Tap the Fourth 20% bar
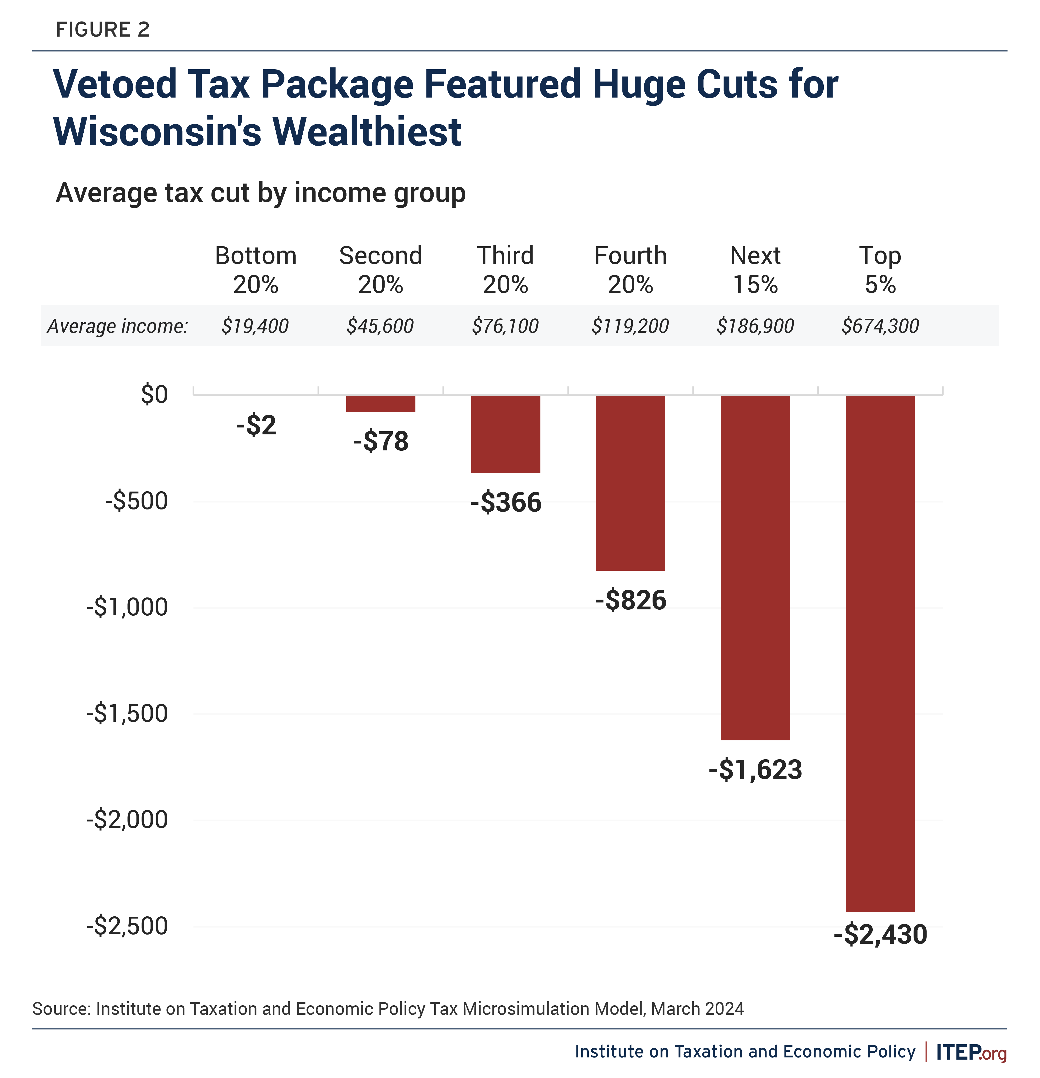630,483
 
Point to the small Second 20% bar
381,404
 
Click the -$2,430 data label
880,935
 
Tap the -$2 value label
256,425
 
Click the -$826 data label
630,600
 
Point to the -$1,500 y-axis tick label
127,713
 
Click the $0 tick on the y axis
154,394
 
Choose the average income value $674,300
880,326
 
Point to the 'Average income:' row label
117,326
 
